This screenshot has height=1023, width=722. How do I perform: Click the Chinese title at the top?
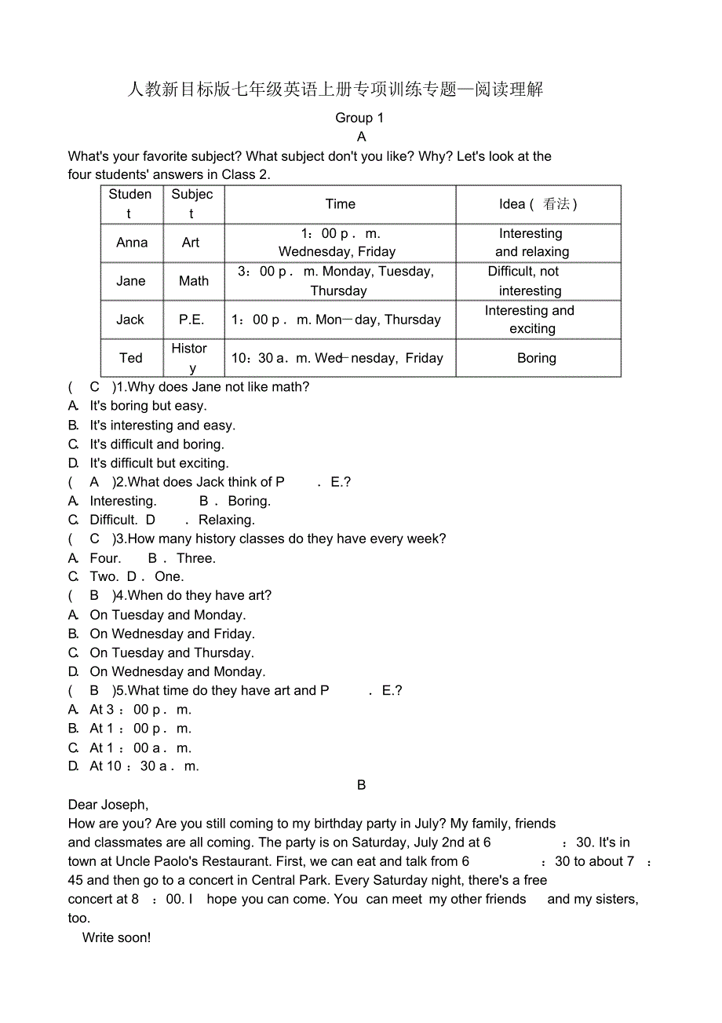pyautogui.click(x=335, y=90)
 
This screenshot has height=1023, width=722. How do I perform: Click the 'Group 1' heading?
pyautogui.click(x=359, y=118)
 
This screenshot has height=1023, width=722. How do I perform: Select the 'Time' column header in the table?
pyautogui.click(x=340, y=204)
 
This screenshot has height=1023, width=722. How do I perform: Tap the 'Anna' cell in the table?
pyautogui.click(x=132, y=243)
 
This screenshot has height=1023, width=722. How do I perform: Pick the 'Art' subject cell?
pyautogui.click(x=191, y=243)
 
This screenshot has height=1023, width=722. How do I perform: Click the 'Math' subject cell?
pyautogui.click(x=194, y=281)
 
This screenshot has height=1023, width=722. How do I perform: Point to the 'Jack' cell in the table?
pyautogui.click(x=130, y=320)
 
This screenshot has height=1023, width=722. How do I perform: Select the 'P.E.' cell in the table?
pyautogui.click(x=191, y=320)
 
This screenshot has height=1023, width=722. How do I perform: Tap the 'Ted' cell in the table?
pyautogui.click(x=131, y=358)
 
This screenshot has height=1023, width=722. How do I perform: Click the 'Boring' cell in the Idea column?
pyautogui.click(x=537, y=358)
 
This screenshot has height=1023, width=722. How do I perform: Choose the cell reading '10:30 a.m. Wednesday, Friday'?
pyautogui.click(x=337, y=358)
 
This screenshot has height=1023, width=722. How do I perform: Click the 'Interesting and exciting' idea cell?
pyautogui.click(x=531, y=320)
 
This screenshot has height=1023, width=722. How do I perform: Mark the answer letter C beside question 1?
pyautogui.click(x=95, y=386)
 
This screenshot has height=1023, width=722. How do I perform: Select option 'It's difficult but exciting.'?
pyautogui.click(x=159, y=463)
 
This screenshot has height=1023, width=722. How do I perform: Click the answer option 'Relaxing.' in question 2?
pyautogui.click(x=227, y=520)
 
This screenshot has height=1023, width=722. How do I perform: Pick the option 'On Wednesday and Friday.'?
pyautogui.click(x=172, y=634)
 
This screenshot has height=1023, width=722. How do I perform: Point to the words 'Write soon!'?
pyautogui.click(x=116, y=937)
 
